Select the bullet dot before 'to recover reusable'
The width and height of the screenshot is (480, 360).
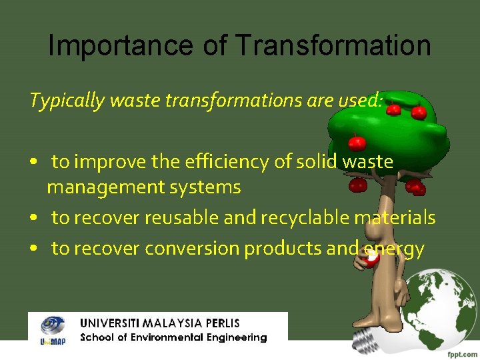(33, 218)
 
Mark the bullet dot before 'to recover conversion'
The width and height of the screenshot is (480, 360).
(33, 249)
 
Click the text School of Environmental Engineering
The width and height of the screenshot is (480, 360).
(173, 337)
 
